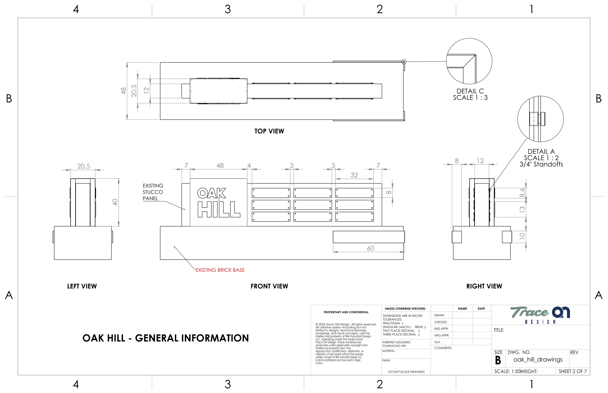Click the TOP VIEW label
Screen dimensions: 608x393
269,131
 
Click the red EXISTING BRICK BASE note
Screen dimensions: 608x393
220,270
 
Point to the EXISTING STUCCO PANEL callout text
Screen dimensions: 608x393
153,192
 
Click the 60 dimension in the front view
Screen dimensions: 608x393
370,248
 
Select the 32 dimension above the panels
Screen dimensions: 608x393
354,175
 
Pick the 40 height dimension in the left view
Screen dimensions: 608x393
115,202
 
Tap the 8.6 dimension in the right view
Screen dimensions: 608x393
522,193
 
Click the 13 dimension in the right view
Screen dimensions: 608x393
522,210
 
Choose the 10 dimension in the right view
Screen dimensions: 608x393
522,236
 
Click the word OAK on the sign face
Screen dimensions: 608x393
212,193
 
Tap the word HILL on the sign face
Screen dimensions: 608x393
219,210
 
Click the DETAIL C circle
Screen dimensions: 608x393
469,38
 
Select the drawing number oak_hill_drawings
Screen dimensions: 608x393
538,360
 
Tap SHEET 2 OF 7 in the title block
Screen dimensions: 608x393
573,371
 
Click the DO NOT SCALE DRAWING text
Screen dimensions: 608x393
406,372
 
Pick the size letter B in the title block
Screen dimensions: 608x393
498,360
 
